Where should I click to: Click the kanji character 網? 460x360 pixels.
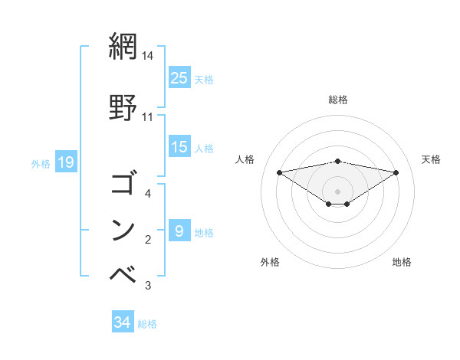[123, 47]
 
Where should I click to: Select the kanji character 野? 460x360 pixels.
[123, 107]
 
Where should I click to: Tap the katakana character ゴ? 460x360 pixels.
[123, 185]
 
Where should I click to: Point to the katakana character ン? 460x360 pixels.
[123, 229]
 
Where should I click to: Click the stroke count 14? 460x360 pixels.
[148, 56]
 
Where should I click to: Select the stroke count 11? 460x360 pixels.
[148, 117]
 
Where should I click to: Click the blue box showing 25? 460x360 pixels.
[179, 78]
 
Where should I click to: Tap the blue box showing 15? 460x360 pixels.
[179, 147]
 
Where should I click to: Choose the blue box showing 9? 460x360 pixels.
[179, 231]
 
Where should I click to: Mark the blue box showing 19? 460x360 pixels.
[65, 162]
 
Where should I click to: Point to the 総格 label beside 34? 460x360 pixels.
[148, 324]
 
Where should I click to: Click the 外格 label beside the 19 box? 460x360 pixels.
[41, 163]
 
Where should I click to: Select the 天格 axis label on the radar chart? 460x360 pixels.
[432, 159]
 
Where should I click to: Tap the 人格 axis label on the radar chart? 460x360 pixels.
[245, 159]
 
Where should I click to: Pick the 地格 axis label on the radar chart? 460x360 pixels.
[402, 262]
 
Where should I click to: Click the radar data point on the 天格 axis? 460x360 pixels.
[396, 172]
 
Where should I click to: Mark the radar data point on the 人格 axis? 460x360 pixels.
[279, 172]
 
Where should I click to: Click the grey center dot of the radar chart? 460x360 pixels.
[337, 191]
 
